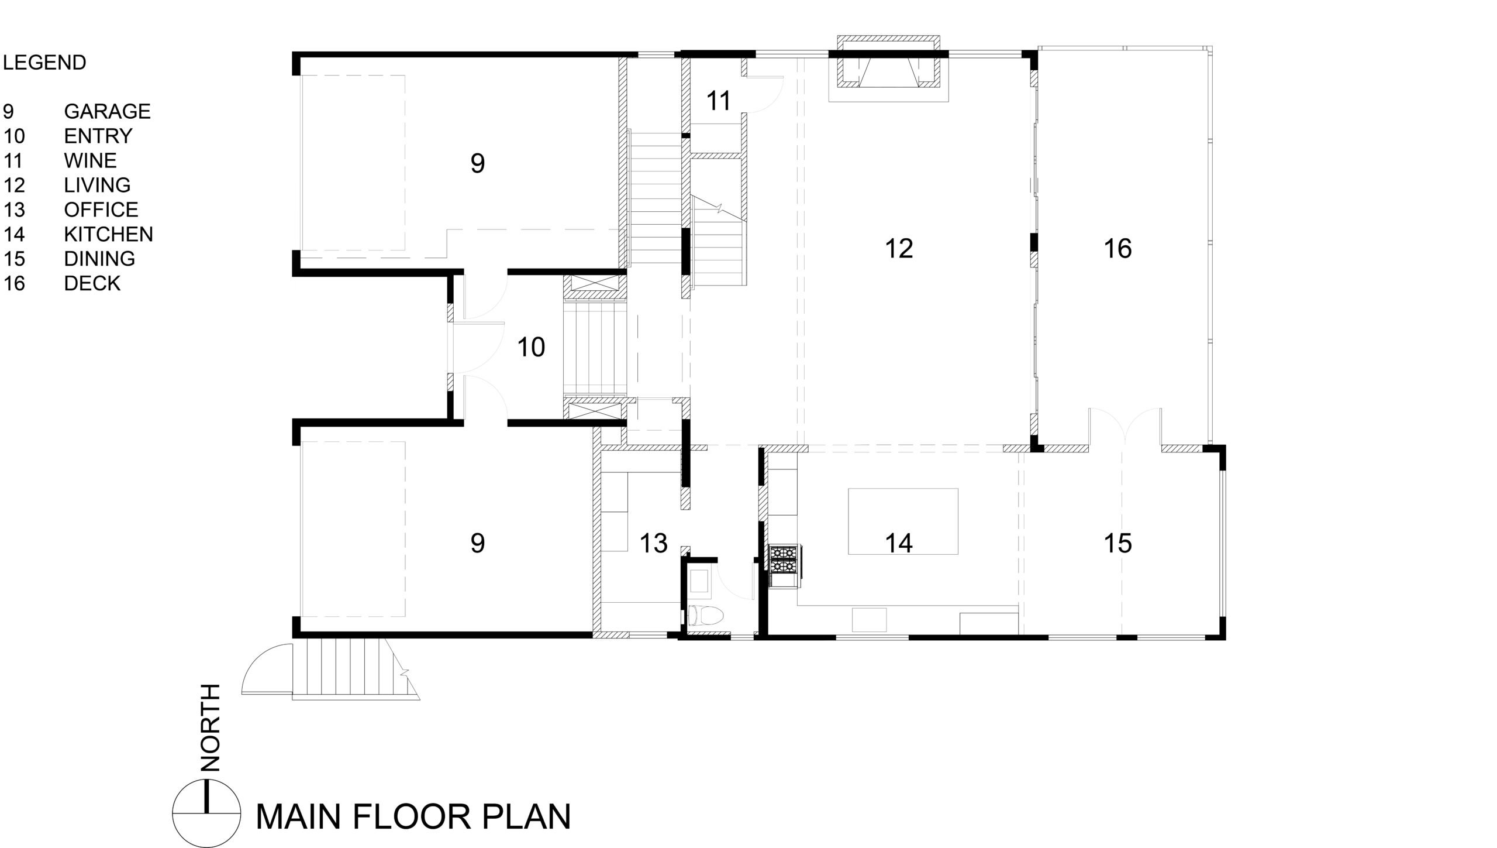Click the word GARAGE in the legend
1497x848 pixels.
107,111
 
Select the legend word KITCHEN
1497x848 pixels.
108,234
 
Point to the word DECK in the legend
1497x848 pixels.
92,283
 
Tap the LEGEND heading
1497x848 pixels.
44,63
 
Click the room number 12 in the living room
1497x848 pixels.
899,249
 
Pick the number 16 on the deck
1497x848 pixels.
1117,249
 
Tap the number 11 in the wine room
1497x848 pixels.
719,101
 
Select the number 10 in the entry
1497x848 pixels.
531,347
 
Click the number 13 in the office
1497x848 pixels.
653,544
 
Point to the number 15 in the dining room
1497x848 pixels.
1117,544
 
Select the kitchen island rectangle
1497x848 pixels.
903,521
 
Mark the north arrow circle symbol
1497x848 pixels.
206,813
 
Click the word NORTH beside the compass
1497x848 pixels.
209,727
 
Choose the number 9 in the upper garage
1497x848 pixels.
477,163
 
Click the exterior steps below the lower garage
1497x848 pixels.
351,669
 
